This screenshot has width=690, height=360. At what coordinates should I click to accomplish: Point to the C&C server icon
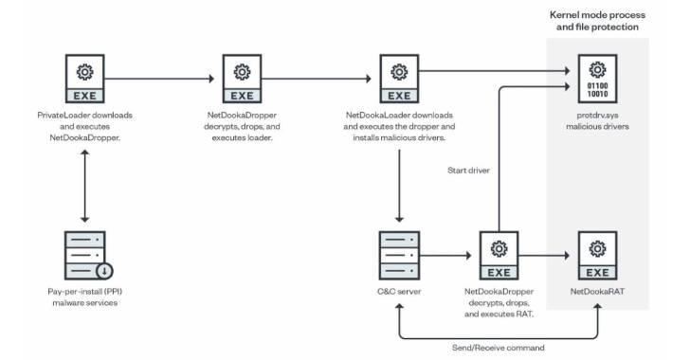click(400, 254)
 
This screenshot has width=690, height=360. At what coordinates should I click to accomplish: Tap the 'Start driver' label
click(468, 171)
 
